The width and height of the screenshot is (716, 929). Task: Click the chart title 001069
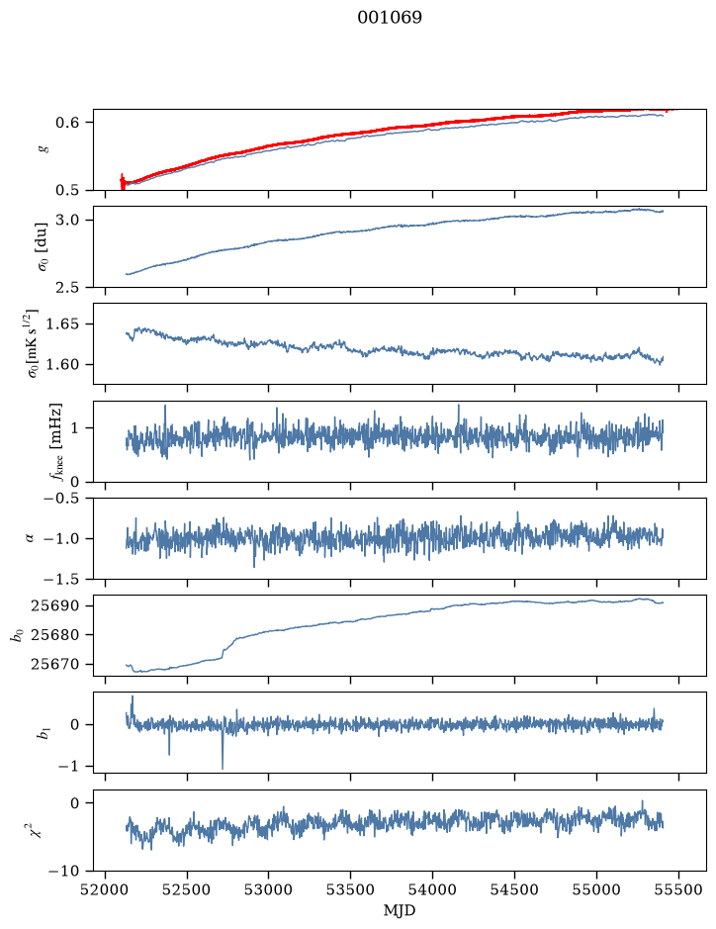pyautogui.click(x=389, y=18)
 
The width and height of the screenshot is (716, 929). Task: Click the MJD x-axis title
pyautogui.click(x=400, y=910)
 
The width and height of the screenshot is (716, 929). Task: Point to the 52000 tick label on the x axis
pyautogui.click(x=106, y=889)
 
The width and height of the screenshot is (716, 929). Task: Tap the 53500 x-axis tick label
pyautogui.click(x=351, y=889)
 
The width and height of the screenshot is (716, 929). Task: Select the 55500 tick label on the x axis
pyautogui.click(x=678, y=889)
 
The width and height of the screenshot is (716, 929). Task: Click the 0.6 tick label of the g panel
pyautogui.click(x=67, y=122)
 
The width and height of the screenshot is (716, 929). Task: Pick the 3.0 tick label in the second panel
pyautogui.click(x=67, y=220)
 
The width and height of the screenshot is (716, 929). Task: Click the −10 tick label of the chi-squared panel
pyautogui.click(x=61, y=871)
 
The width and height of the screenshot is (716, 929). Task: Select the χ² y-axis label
pyautogui.click(x=37, y=830)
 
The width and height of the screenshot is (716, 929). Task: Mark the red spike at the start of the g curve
pyautogui.click(x=123, y=181)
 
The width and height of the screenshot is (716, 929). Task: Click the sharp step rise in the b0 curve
pyautogui.click(x=225, y=650)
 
